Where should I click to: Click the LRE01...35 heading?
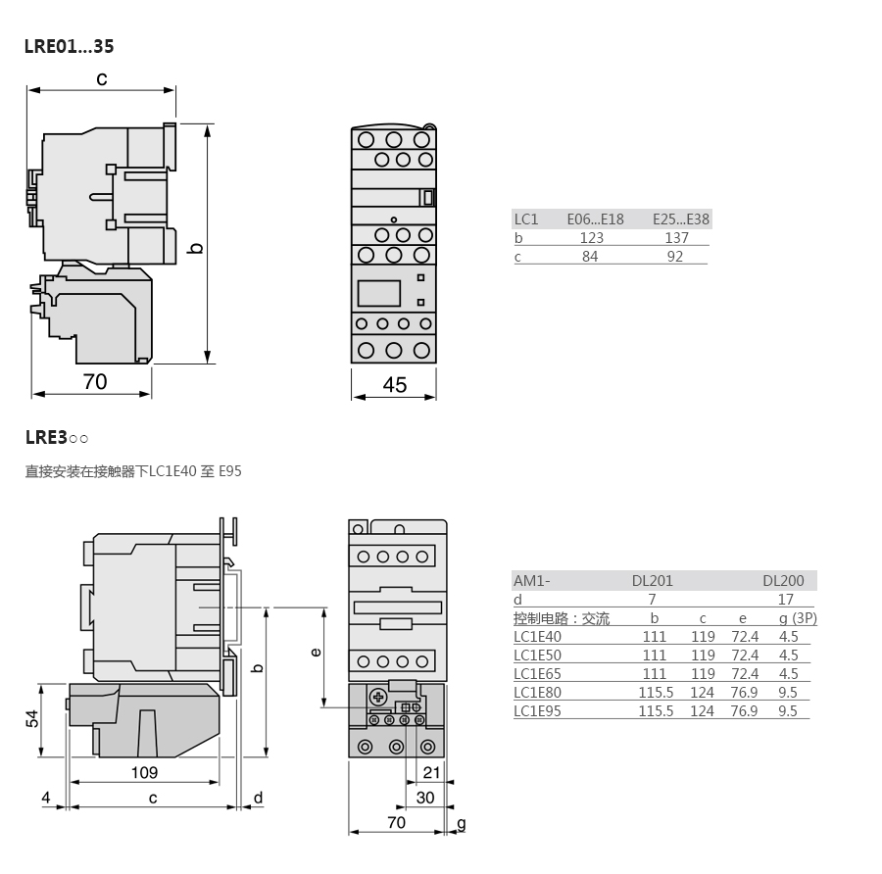point(70,46)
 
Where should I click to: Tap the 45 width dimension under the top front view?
point(394,385)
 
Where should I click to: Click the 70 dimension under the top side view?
point(95,382)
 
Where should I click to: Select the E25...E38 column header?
point(681,219)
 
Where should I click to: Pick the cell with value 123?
point(592,238)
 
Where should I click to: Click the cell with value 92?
point(675,257)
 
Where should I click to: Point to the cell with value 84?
point(590,257)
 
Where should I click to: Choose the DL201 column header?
point(653,580)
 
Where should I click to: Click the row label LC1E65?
point(537,674)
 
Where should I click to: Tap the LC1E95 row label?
point(537,711)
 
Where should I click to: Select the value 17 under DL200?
point(786,600)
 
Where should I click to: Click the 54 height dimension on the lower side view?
point(32,719)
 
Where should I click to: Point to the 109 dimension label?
point(145,772)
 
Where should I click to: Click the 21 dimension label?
point(431,772)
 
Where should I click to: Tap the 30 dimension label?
point(425,798)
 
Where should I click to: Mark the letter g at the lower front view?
point(462,824)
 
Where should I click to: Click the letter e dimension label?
point(316,652)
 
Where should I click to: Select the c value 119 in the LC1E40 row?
point(703,637)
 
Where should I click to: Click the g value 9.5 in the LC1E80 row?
point(788,693)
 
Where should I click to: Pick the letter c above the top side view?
point(102,78)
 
